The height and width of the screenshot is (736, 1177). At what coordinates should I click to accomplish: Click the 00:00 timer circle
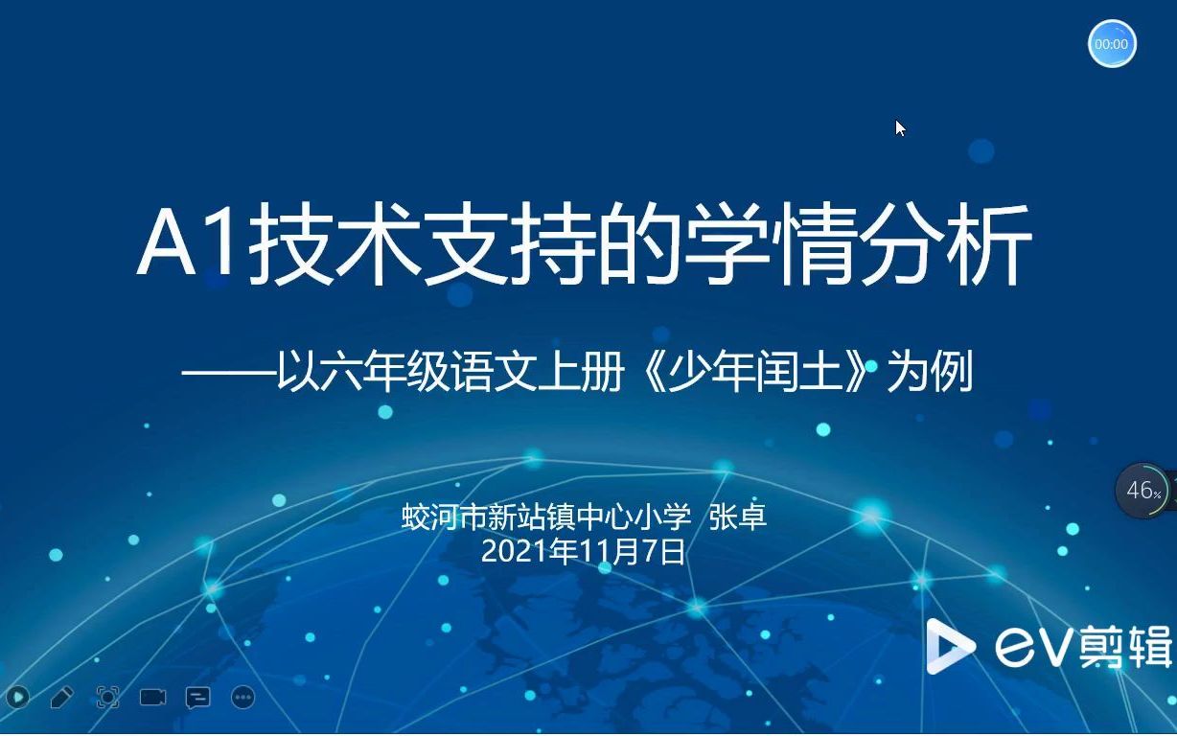1112,44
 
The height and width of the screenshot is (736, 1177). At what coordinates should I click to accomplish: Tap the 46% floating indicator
1142,491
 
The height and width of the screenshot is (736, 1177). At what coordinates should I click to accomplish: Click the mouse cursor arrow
899,127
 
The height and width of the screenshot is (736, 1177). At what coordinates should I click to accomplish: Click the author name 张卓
737,517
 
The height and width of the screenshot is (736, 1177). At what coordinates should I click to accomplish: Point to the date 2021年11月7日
584,551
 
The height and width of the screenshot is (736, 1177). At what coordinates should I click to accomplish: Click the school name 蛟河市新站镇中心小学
546,517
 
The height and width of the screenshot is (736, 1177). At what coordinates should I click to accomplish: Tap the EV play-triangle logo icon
948,646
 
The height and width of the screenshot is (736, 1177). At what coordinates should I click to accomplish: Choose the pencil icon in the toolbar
61,697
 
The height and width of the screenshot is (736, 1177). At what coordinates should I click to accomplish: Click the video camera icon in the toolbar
152,697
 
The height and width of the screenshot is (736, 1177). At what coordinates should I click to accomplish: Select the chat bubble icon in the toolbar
197,697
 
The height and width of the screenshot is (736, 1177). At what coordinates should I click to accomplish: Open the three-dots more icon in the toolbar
243,697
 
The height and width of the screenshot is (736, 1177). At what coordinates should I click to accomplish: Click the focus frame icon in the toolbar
107,697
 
